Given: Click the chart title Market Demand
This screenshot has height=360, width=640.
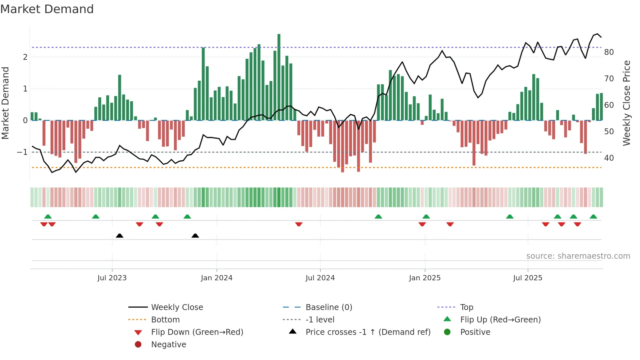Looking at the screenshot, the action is (47, 9).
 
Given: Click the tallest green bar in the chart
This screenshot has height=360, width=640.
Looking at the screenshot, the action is (279, 77).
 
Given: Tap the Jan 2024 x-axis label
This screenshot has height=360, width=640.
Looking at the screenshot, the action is (216, 278).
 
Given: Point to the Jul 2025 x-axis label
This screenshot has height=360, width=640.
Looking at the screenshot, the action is (527, 278).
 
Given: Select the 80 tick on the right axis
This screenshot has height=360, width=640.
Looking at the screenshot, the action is (609, 52).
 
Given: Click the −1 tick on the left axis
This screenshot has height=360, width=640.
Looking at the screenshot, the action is (22, 152).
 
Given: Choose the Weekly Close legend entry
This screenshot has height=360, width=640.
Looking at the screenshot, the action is (177, 307).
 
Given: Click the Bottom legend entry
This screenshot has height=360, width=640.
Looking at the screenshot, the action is (165, 320).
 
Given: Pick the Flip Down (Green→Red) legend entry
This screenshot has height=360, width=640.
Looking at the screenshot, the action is (197, 332).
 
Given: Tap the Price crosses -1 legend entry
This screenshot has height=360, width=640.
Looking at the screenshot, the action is (368, 332).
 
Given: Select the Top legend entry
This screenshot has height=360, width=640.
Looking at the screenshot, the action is (466, 307).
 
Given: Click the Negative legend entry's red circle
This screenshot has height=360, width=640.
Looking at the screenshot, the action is (138, 344).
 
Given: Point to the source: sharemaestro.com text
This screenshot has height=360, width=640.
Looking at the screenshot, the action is (578, 256).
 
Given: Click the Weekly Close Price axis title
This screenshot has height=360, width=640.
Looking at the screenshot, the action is (626, 103).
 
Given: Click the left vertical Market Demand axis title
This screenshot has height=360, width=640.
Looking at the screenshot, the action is (5, 103).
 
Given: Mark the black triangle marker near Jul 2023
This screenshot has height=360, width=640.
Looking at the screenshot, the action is (120, 236).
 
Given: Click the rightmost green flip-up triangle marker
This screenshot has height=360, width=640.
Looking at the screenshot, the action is (593, 217).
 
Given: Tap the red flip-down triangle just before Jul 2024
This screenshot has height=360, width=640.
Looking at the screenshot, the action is (298, 224).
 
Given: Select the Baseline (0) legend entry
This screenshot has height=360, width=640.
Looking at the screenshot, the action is (328, 307).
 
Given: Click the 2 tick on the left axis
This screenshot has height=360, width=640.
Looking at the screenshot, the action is (25, 57).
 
